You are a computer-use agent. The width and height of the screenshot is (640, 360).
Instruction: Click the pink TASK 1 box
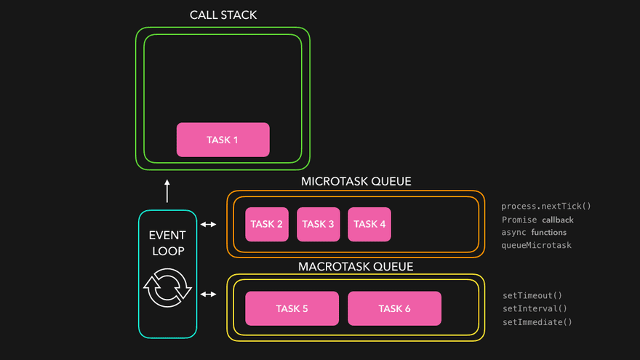click(x=223, y=140)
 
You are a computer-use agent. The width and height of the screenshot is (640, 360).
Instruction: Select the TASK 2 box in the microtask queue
click(x=267, y=224)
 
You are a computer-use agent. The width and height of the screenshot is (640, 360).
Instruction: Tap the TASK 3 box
click(x=319, y=224)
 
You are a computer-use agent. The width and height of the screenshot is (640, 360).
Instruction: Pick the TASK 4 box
click(x=369, y=224)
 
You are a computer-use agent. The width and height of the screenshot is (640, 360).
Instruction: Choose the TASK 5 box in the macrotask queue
click(x=292, y=308)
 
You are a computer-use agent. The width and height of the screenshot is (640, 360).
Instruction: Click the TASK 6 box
click(x=394, y=308)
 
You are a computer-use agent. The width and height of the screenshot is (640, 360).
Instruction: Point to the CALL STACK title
click(x=223, y=15)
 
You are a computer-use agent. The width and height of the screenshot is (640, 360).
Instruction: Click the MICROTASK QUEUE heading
click(x=356, y=181)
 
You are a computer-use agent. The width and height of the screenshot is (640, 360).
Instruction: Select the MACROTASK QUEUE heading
click(x=356, y=266)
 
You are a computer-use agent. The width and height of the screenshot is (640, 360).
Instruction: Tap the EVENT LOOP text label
click(x=167, y=243)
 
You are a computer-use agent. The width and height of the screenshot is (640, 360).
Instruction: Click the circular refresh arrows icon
click(x=167, y=289)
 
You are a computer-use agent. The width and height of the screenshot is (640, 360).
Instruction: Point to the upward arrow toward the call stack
click(x=167, y=191)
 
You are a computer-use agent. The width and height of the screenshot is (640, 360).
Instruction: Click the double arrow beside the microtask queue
click(x=209, y=224)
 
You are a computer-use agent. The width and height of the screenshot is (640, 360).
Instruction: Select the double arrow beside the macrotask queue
click(x=209, y=294)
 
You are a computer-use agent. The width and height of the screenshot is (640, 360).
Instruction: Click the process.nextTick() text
click(x=546, y=206)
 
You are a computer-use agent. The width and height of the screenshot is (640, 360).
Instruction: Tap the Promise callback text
click(x=537, y=219)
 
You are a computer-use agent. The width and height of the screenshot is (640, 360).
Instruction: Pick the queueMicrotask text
click(x=537, y=245)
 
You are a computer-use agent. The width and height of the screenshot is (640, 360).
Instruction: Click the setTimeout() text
click(x=532, y=296)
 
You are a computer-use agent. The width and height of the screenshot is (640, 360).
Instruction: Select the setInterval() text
click(x=535, y=308)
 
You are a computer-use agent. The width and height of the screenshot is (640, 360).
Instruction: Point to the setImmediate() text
click(x=537, y=321)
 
